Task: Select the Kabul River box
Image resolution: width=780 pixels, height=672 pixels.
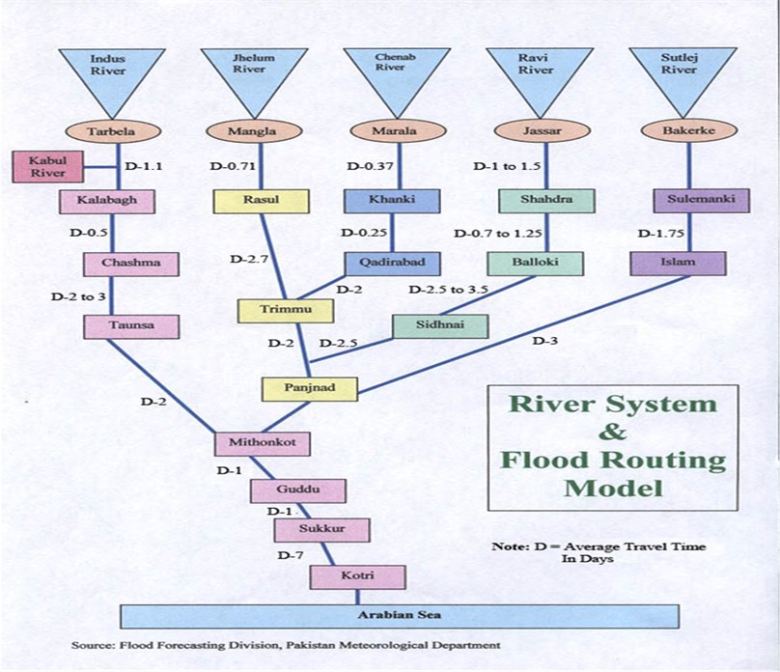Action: point(46,166)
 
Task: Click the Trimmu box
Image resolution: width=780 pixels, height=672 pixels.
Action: point(286,311)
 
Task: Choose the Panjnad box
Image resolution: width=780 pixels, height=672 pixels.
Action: point(310,388)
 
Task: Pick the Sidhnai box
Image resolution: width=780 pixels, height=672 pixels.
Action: point(440,325)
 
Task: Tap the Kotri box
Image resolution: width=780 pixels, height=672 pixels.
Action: point(357,576)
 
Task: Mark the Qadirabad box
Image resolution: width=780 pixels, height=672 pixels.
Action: point(393,264)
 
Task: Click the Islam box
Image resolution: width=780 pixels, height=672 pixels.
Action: point(677,263)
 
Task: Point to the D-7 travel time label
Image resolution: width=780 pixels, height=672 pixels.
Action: point(292,555)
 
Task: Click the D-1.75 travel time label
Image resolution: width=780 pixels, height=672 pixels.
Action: point(657,233)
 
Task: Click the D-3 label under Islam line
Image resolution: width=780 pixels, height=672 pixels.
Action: point(545,340)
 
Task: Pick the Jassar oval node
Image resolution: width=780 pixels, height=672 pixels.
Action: point(540,130)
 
